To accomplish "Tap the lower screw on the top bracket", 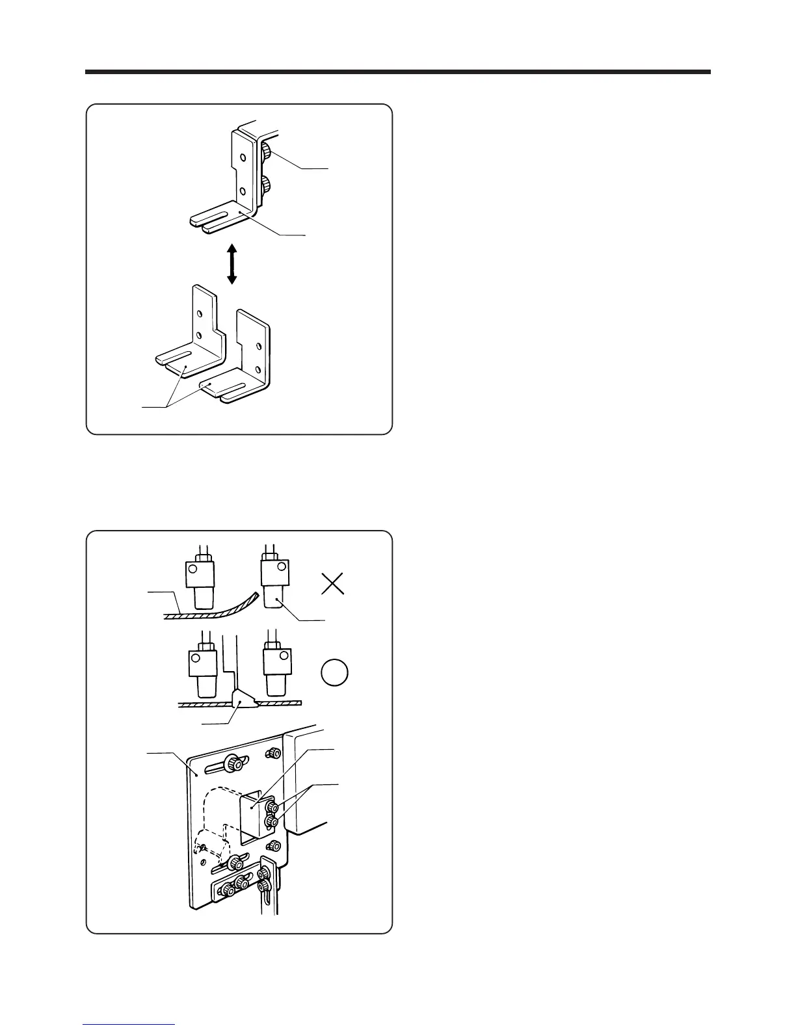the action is point(267,187).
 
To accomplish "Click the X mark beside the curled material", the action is point(333,585).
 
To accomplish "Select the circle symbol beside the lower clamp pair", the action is point(335,672).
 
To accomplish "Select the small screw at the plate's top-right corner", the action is point(274,752).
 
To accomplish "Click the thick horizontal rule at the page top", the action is point(397,72).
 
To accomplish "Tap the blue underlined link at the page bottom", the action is point(129,1025).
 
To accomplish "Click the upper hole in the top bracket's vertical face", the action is point(242,157).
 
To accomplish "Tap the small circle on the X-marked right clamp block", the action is point(280,566).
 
